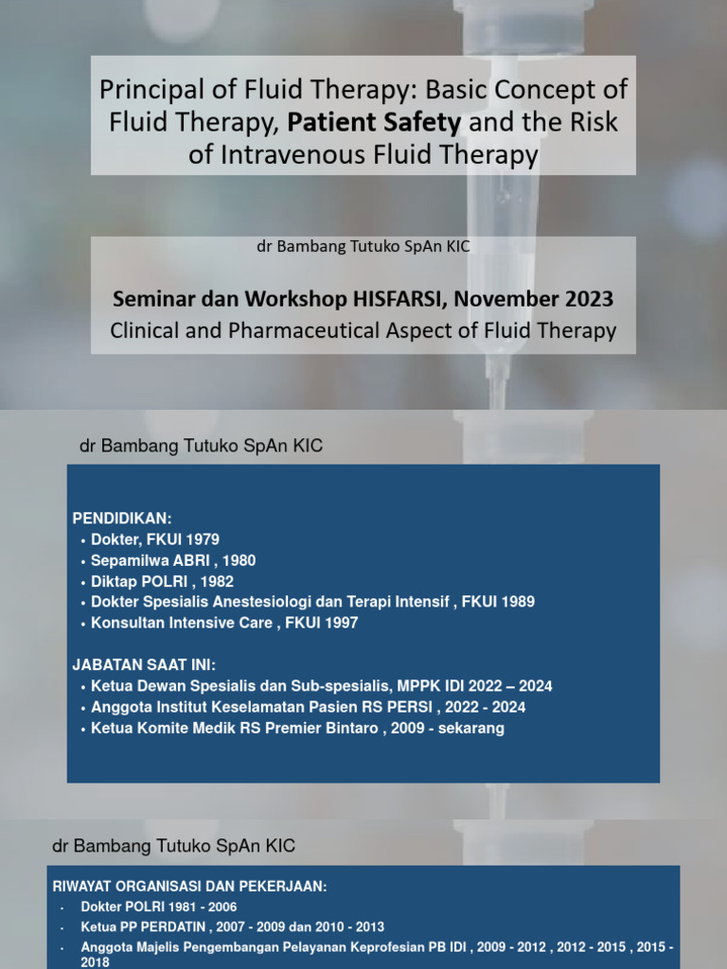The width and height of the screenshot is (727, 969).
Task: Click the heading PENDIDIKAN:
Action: point(122,519)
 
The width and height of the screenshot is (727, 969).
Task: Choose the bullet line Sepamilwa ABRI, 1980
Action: point(173,560)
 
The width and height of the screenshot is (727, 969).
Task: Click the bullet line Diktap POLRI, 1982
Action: point(162,581)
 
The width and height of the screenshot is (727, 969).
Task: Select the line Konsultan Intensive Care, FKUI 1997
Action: point(224,623)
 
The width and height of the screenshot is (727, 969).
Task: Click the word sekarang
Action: point(470,728)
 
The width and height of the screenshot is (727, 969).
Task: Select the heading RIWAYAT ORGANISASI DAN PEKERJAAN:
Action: point(189,887)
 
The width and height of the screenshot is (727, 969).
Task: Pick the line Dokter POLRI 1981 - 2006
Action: point(158,907)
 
